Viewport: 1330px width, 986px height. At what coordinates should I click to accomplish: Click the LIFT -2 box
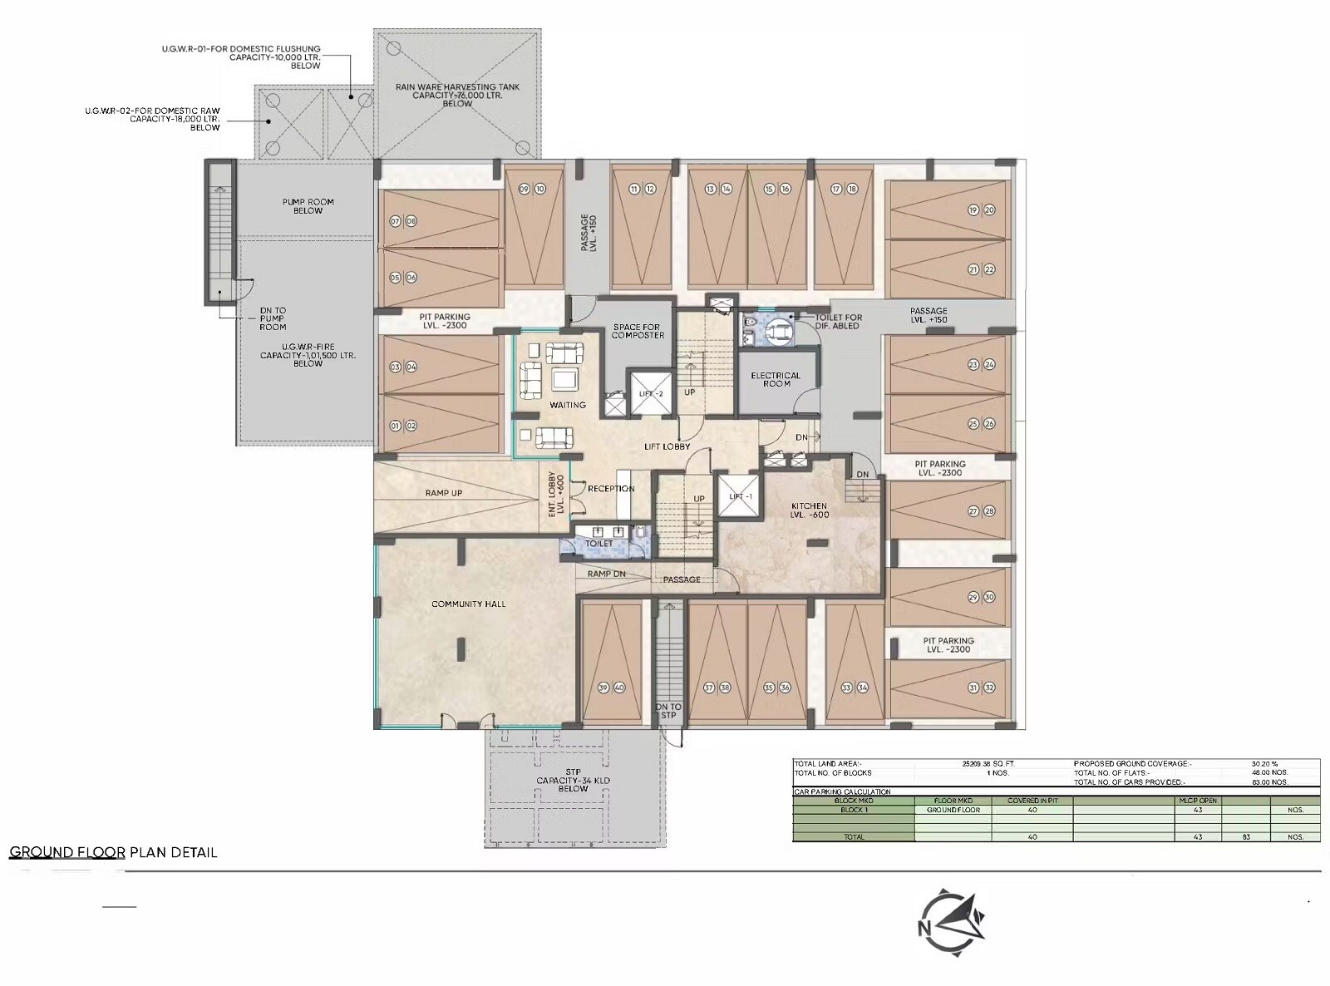651,392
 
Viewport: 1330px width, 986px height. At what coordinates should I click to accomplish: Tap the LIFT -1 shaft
741,495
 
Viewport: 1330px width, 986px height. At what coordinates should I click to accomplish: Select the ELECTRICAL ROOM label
776,379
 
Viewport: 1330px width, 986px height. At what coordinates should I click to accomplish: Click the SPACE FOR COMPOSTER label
638,331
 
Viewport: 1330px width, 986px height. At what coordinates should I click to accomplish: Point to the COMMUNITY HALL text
468,604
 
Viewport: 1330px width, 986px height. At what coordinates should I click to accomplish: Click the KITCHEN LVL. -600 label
809,510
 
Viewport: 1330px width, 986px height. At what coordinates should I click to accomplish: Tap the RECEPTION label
611,488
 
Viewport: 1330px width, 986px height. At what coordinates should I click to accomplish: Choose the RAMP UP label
443,493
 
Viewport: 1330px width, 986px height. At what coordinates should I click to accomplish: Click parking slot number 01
395,426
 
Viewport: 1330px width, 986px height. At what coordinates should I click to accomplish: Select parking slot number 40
619,688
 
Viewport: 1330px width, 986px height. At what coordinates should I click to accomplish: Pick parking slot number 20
989,210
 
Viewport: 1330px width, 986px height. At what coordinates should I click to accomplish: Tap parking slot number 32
989,688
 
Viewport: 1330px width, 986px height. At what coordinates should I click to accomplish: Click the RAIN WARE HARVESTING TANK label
457,95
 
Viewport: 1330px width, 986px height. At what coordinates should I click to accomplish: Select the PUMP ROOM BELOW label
308,206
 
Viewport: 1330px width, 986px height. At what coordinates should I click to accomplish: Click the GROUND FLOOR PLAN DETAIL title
113,852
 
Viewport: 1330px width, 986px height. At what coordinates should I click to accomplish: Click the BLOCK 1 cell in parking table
854,810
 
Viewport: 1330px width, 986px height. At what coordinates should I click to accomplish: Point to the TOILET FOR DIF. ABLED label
838,321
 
